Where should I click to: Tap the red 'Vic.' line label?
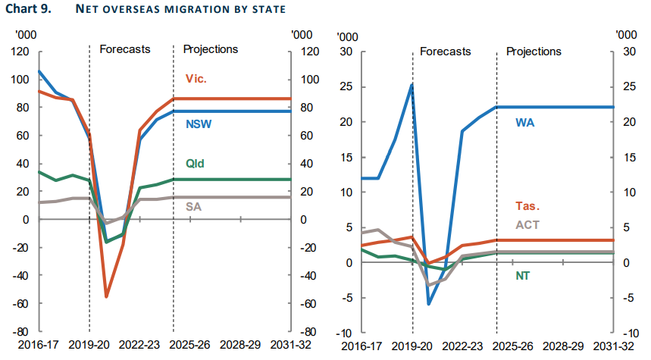[x=196, y=79]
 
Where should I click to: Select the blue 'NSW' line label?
[x=199, y=124]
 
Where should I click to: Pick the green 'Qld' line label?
[x=196, y=163]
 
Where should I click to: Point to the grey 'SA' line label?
[x=193, y=206]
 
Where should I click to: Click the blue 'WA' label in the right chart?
[x=525, y=122]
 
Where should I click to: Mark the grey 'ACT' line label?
[x=527, y=224]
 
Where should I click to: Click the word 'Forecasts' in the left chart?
[x=125, y=49]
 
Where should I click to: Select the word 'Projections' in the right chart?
[x=534, y=52]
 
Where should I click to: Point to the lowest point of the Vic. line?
[x=106, y=296]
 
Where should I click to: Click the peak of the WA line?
[x=412, y=84]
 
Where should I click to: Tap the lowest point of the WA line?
[x=429, y=304]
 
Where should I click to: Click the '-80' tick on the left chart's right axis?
[x=305, y=332]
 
